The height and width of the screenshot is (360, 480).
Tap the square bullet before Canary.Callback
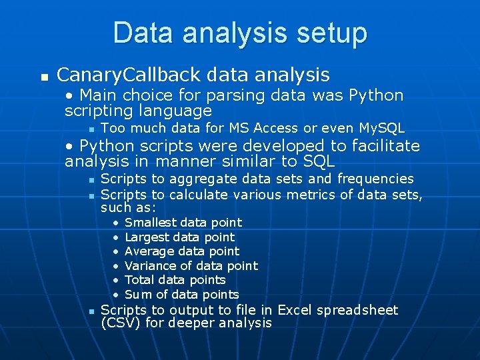point(45,77)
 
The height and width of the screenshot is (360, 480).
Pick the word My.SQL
point(381,128)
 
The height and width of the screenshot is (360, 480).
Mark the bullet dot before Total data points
point(116,280)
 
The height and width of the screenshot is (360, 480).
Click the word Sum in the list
point(136,294)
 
